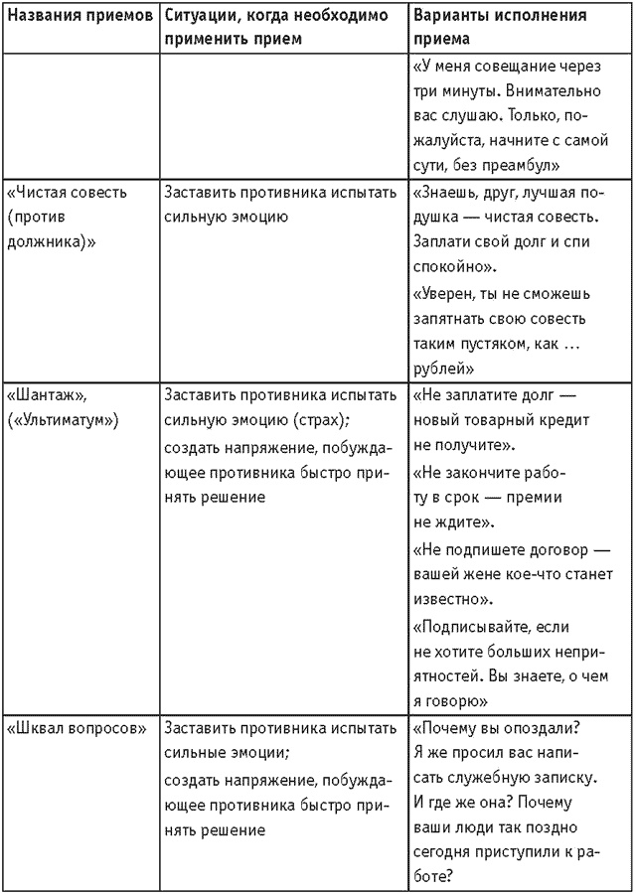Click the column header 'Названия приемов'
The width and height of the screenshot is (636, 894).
pyautogui.click(x=79, y=16)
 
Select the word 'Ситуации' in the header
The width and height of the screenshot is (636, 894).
pyautogui.click(x=199, y=16)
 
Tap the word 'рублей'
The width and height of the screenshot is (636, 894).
pyautogui.click(x=438, y=369)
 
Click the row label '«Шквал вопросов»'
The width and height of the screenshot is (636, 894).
pyautogui.click(x=77, y=726)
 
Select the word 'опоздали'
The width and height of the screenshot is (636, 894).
pyautogui.click(x=545, y=726)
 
